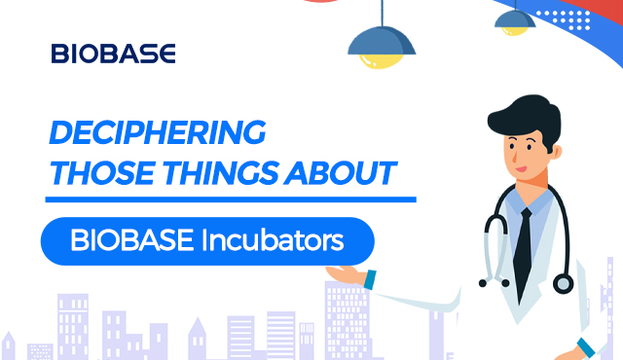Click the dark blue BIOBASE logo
click(x=113, y=54)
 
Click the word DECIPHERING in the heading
click(x=158, y=132)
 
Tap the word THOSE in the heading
click(x=102, y=173)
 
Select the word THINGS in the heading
click(x=221, y=173)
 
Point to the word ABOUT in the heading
click(x=341, y=173)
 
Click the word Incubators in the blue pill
click(x=273, y=240)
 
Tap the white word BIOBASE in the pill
click(x=132, y=240)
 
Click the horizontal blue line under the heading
click(x=231, y=199)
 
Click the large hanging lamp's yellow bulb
click(x=381, y=61)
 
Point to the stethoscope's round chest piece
click(x=563, y=284)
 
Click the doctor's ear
click(x=557, y=153)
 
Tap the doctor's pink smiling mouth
click(x=521, y=169)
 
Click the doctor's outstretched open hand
click(x=346, y=273)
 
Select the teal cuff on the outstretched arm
click(x=370, y=279)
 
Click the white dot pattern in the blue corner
click(x=564, y=19)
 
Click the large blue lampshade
click(x=382, y=41)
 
